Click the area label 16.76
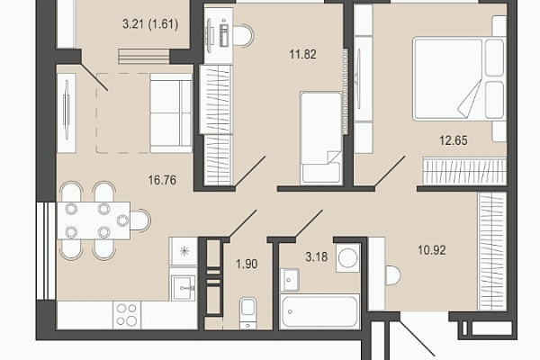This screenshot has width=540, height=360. tap(162, 180)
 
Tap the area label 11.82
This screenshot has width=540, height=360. tap(302, 54)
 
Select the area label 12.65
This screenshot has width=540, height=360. tap(454, 140)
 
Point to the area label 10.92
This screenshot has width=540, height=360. tap(432, 250)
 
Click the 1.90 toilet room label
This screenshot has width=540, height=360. tap(247, 264)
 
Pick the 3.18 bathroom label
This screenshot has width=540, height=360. tap(317, 256)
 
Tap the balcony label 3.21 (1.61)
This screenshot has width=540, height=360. tap(150, 24)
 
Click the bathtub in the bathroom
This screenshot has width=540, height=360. tap(319, 311)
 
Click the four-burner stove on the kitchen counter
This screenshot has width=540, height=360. tap(126, 314)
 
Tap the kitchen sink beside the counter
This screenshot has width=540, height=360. tap(184, 288)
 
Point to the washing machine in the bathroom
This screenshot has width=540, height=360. tap(347, 257)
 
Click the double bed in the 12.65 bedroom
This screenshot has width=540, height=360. tap(459, 79)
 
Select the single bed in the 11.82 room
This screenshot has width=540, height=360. tap(321, 138)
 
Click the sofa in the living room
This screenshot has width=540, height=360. tap(171, 113)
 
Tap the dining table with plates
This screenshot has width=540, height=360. tap(94, 220)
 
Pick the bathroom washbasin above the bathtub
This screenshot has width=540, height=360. tap(290, 279)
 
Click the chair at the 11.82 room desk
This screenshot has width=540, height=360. tap(244, 35)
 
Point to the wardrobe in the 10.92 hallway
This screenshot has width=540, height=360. tap(491, 251)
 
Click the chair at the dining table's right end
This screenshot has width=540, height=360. tap(140, 220)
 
